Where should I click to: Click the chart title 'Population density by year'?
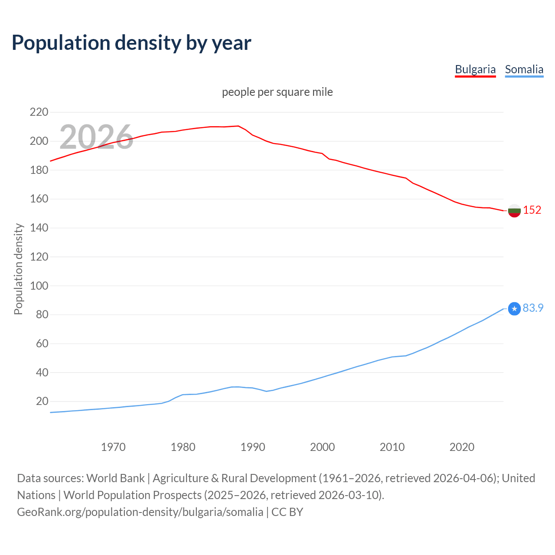(x=131, y=43)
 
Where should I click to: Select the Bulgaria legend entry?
(x=475, y=69)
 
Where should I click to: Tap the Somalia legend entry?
(x=524, y=69)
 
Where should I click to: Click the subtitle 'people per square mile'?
(x=277, y=92)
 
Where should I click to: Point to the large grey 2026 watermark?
(x=96, y=137)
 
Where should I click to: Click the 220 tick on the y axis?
(x=39, y=112)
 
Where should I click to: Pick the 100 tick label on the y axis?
(x=39, y=286)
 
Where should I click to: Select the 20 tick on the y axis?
(x=42, y=402)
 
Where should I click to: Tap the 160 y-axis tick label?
(x=39, y=199)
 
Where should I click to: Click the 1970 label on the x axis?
(x=113, y=447)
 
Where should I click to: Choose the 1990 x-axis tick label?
(x=253, y=447)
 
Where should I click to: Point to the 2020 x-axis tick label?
(x=462, y=447)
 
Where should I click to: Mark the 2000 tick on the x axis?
(x=323, y=447)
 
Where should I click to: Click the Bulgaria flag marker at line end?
(x=514, y=211)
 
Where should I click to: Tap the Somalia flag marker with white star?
(x=514, y=309)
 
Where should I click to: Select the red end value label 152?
(x=532, y=210)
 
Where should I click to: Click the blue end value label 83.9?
(x=533, y=308)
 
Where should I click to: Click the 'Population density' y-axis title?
(x=18, y=269)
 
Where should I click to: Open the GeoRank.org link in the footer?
(x=140, y=512)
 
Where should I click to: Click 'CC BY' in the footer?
(x=287, y=512)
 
